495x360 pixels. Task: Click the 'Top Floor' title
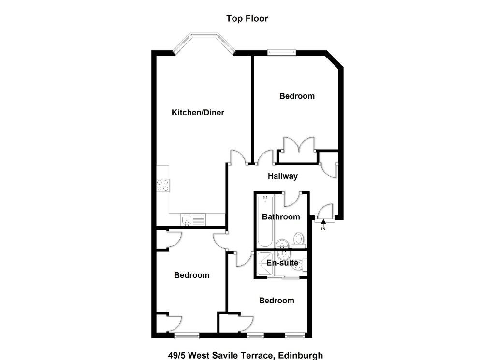[x=247, y=19]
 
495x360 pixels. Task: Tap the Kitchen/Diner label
[x=198, y=112]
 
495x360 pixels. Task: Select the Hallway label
[x=282, y=176]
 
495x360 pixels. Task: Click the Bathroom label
[x=281, y=217]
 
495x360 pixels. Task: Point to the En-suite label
[x=282, y=263]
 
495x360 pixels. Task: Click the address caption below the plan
[x=246, y=355]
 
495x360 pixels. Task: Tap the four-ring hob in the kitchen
[x=162, y=186]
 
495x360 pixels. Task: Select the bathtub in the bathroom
[x=265, y=221]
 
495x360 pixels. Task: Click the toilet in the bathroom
[x=298, y=241]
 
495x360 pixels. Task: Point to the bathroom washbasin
[x=282, y=244]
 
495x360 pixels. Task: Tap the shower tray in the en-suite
[x=266, y=264]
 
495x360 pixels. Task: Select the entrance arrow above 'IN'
[x=323, y=222]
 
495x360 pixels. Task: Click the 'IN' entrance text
[x=323, y=229]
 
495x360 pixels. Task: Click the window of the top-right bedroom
[x=282, y=53]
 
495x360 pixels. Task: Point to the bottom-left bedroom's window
[x=187, y=336]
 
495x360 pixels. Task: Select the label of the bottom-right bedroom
[x=277, y=301]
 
